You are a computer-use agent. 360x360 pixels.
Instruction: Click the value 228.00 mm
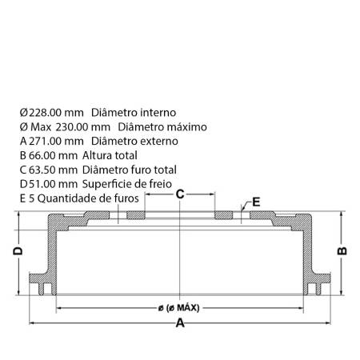(56, 113)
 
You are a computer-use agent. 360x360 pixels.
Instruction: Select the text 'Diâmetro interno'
(134, 113)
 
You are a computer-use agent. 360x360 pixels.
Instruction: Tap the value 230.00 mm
(83, 127)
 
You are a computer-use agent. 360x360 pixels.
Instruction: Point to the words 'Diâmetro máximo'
(162, 127)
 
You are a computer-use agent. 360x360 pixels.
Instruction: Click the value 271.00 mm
(56, 141)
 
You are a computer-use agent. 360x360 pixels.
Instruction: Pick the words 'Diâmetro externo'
(134, 141)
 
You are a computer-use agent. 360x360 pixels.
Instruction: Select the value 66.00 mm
(53, 155)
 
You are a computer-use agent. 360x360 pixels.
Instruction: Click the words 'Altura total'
(110, 155)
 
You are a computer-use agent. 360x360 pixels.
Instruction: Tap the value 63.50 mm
(53, 170)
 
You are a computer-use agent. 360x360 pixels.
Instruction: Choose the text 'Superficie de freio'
(127, 184)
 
